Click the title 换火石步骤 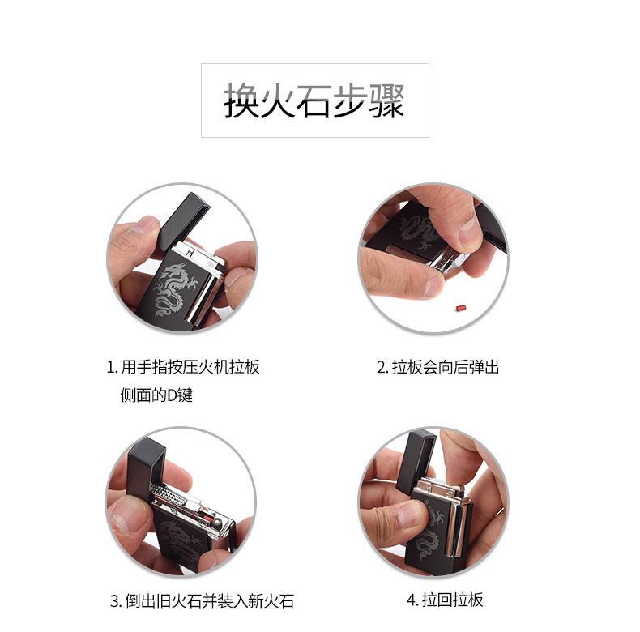(x=314, y=100)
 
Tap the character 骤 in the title (x=386, y=100)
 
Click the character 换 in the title (x=241, y=100)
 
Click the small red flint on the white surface (x=461, y=306)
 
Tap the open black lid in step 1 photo (x=184, y=220)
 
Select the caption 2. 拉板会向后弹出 (x=437, y=367)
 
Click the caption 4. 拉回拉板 (x=445, y=600)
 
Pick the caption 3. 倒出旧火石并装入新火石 (x=202, y=600)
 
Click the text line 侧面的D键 (x=156, y=395)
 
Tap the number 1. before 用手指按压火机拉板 (x=113, y=367)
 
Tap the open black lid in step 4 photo (x=420, y=459)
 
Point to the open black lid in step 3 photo (x=146, y=465)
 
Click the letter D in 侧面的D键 (x=172, y=395)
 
